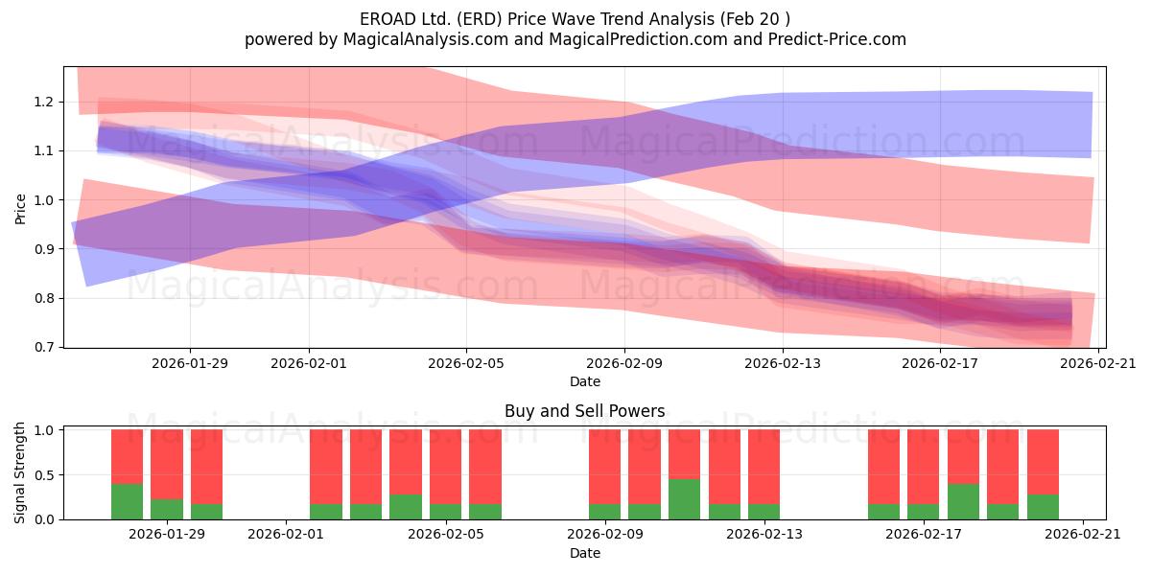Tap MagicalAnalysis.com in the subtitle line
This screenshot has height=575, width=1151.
tap(426, 39)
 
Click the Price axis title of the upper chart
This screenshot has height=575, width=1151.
tap(20, 209)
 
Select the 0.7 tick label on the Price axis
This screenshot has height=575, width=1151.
tap(44, 348)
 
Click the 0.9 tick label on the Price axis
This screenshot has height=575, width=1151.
tap(44, 249)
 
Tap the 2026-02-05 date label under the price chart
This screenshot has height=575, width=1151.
tap(466, 363)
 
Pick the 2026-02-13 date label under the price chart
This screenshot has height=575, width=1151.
tap(783, 363)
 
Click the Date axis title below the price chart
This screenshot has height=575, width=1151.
tap(585, 381)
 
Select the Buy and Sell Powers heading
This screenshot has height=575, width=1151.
tap(585, 411)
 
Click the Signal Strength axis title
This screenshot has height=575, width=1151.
tap(19, 472)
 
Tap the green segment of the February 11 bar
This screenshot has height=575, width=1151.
tap(685, 499)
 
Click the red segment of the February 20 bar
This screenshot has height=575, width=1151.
tap(1044, 462)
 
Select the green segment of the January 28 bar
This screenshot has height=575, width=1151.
tap(128, 501)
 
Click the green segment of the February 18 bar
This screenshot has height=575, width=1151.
tap(963, 501)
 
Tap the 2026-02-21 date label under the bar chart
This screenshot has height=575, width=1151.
tap(1083, 535)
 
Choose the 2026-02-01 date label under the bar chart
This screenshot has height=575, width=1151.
tap(286, 535)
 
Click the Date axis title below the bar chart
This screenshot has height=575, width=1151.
tap(585, 553)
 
